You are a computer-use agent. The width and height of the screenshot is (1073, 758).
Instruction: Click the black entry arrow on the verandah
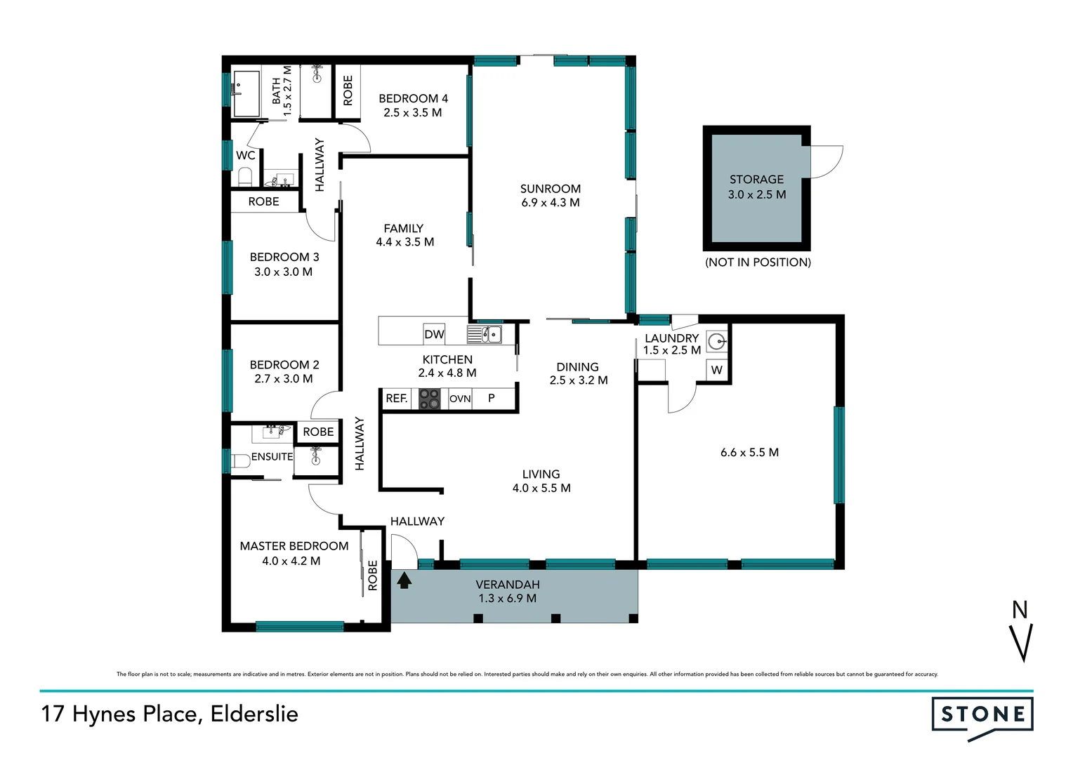tap(404, 580)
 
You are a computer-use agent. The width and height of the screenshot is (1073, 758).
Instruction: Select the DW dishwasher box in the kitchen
tap(434, 334)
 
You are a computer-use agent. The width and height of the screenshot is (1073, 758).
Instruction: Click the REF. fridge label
tap(396, 399)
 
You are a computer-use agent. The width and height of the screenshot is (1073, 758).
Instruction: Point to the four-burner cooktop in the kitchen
tap(429, 399)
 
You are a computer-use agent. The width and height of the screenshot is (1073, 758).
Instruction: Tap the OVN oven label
tap(460, 399)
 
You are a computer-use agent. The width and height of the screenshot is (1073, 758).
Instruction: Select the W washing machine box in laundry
tap(716, 370)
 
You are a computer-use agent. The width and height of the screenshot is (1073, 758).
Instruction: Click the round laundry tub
tap(716, 342)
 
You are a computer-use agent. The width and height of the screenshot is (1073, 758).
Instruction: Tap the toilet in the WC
tap(245, 175)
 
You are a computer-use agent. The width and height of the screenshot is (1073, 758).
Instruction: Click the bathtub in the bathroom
tap(246, 93)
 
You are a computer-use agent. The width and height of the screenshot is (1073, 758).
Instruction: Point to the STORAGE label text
tap(756, 180)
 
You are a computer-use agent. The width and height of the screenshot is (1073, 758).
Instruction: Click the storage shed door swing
tap(826, 161)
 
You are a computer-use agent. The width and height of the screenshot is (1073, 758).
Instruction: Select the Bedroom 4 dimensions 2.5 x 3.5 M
tap(412, 112)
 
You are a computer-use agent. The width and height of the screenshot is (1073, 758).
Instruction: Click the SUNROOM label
tap(550, 189)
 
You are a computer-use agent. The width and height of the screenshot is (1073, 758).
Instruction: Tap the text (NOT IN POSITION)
tap(758, 262)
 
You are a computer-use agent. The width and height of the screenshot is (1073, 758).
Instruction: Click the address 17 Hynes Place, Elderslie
tap(169, 714)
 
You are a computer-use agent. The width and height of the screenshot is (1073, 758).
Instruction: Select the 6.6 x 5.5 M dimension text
tap(749, 453)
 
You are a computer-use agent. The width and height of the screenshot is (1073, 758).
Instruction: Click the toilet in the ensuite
tap(240, 461)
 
